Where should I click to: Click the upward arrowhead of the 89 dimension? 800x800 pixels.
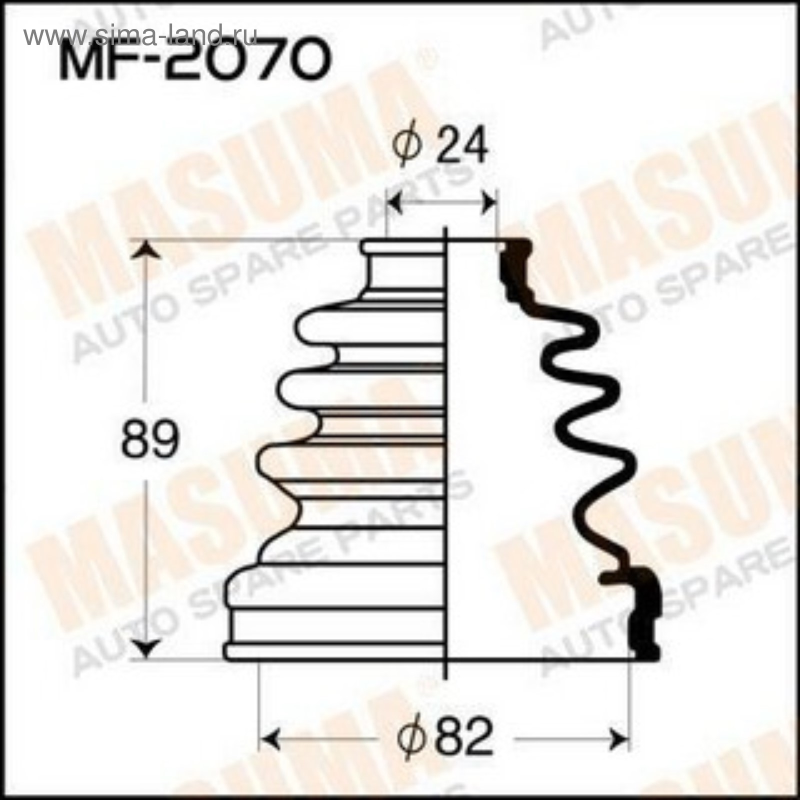tap(145, 249)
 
